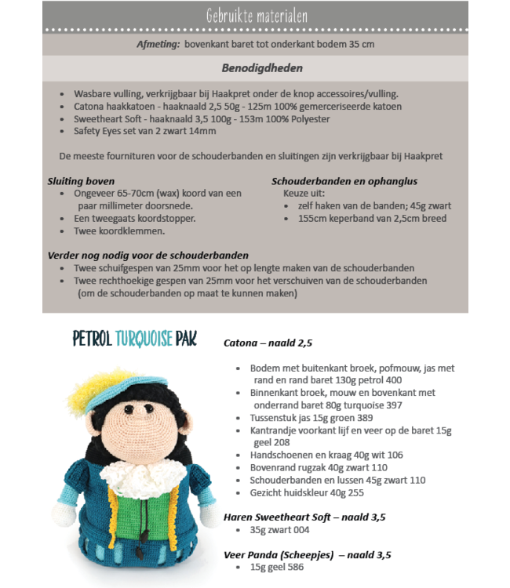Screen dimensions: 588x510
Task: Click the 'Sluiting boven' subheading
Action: (x=81, y=181)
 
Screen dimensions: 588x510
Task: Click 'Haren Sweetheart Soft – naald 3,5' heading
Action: (x=304, y=517)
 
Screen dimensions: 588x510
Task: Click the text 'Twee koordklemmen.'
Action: (x=118, y=231)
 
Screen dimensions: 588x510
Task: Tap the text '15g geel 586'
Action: (x=277, y=567)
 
